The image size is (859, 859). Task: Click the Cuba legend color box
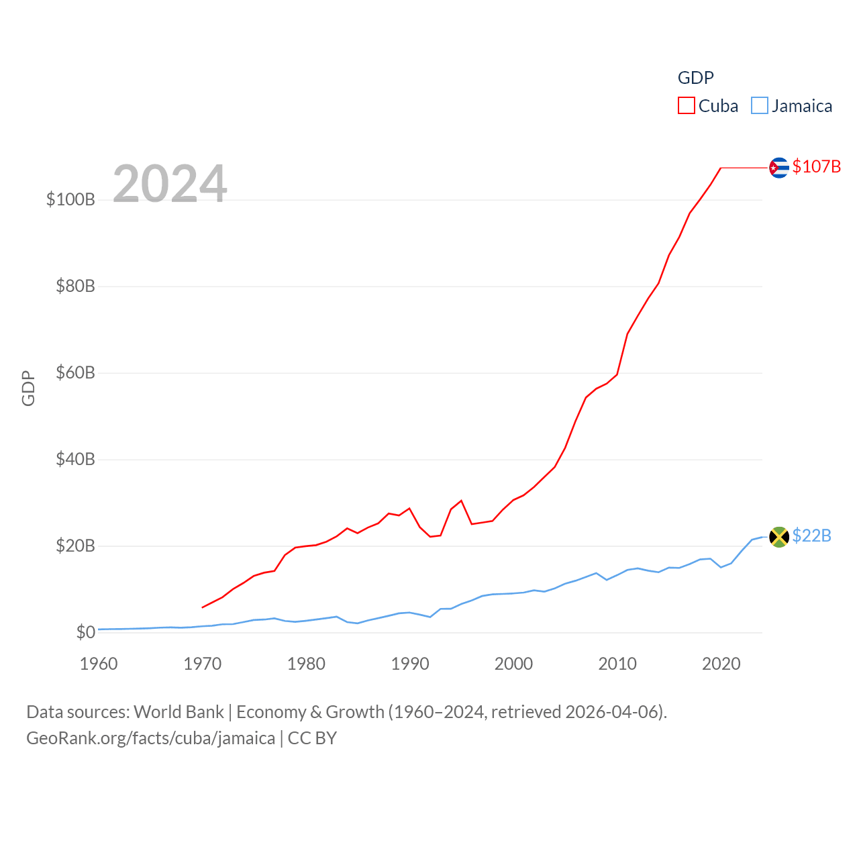[x=686, y=106]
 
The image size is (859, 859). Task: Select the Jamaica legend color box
[x=759, y=106]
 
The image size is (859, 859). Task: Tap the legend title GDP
[x=695, y=78]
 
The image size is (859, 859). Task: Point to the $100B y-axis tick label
[x=70, y=199]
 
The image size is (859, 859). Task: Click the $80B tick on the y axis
[x=75, y=286]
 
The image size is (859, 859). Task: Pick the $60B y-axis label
[x=75, y=372]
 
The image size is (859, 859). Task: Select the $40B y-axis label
[x=75, y=459]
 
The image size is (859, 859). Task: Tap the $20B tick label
[x=75, y=546]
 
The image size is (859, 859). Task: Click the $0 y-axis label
[x=85, y=632]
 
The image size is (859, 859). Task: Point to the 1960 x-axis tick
[x=99, y=664]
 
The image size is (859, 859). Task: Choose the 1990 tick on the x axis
[x=410, y=664]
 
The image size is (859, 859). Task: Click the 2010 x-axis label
[x=617, y=664]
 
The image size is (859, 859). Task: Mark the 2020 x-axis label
[x=721, y=664]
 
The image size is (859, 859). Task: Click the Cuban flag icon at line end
[x=778, y=168]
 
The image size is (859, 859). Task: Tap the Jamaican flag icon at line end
[x=778, y=537]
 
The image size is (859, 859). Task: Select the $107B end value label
[x=816, y=166]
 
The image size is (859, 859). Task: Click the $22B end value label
[x=811, y=536]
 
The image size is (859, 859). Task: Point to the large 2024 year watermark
[x=170, y=184]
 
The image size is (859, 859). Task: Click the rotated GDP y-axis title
[x=28, y=388]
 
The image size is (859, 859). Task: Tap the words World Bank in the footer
[x=179, y=711]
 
